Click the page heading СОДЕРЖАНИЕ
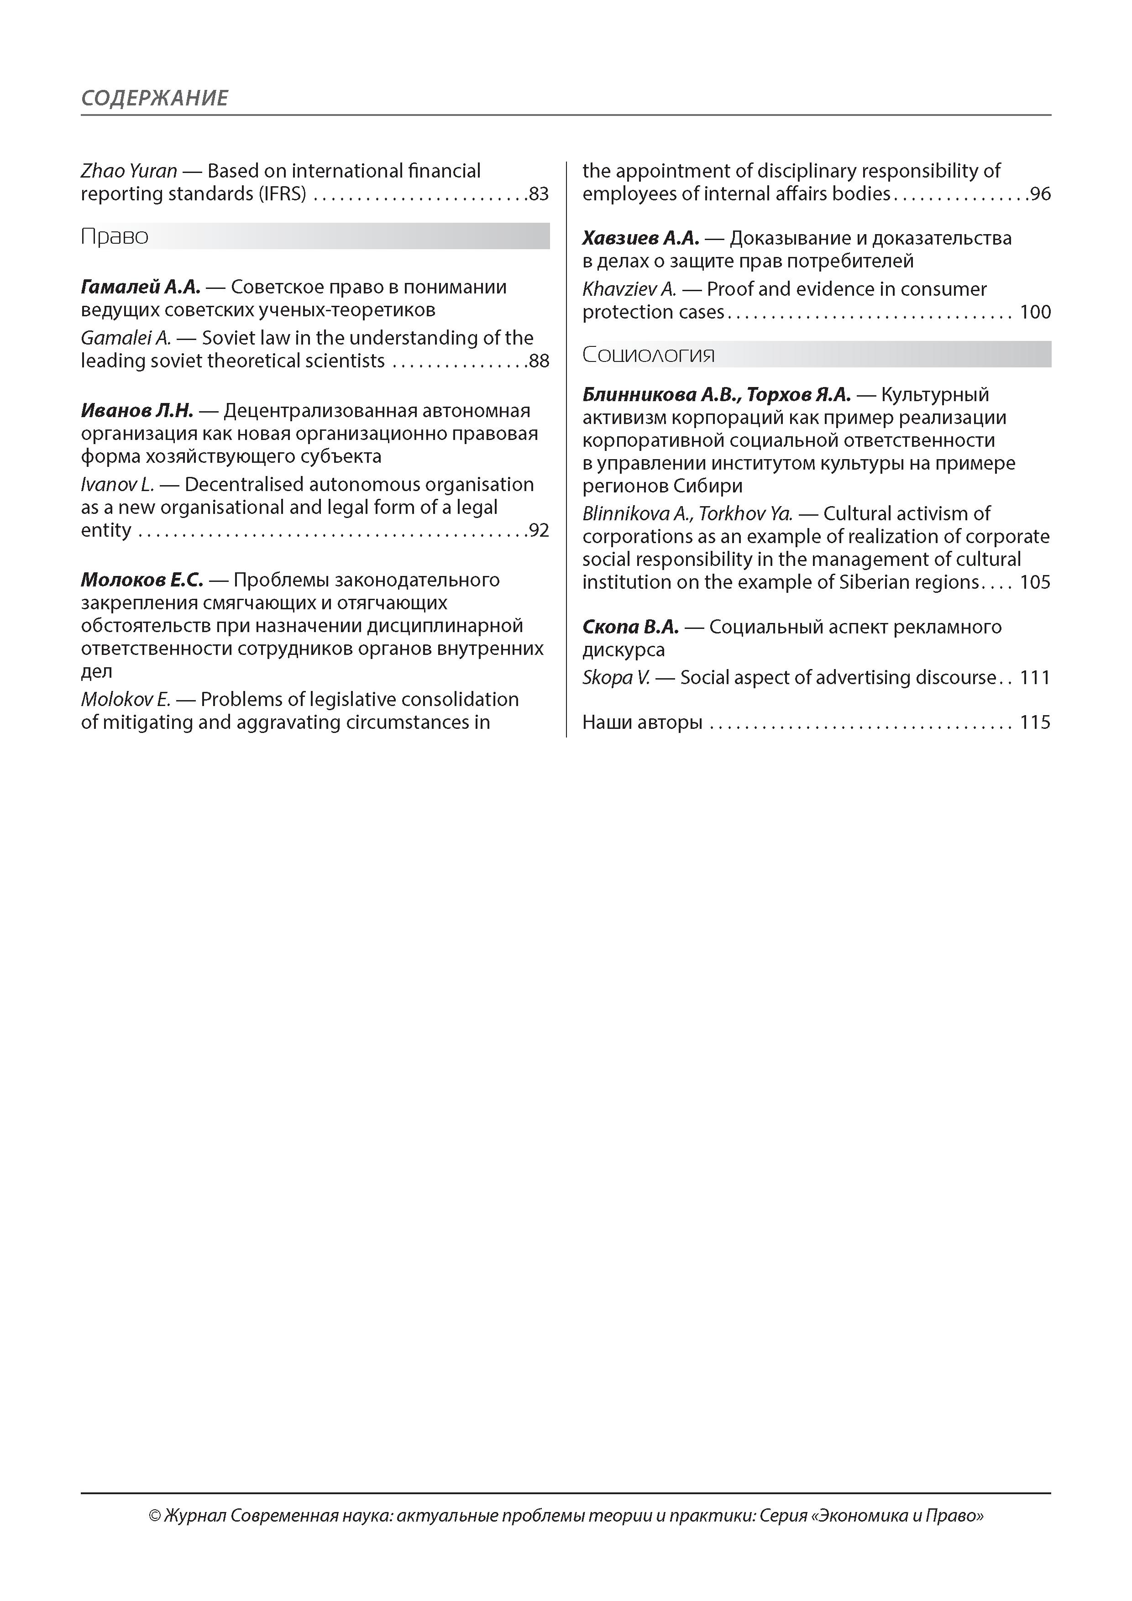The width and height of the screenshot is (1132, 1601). pyautogui.click(x=154, y=98)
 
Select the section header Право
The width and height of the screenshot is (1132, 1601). pyautogui.click(x=115, y=236)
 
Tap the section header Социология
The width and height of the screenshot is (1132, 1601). pyautogui.click(x=649, y=355)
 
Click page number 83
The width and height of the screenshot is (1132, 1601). pyautogui.click(x=539, y=194)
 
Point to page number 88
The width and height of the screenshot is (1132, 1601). pyautogui.click(x=539, y=361)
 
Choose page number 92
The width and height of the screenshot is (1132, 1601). pyautogui.click(x=539, y=531)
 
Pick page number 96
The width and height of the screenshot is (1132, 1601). pyautogui.click(x=1040, y=194)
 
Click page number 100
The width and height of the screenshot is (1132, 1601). pyautogui.click(x=1035, y=312)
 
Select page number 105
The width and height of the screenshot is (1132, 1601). pyautogui.click(x=1035, y=582)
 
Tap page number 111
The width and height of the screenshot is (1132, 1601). pyautogui.click(x=1035, y=678)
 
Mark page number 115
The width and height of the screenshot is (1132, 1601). pyautogui.click(x=1035, y=722)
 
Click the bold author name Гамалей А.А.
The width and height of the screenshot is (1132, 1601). pyautogui.click(x=140, y=287)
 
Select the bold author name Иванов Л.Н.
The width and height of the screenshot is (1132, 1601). pyautogui.click(x=136, y=411)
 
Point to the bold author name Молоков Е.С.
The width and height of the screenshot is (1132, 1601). pyautogui.click(x=141, y=580)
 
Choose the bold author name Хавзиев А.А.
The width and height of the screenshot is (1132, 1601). pyautogui.click(x=640, y=239)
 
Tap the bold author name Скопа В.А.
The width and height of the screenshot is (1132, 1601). pyautogui.click(x=630, y=627)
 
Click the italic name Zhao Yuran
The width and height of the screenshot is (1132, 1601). pyautogui.click(x=128, y=171)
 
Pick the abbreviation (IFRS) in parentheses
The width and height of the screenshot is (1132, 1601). pyautogui.click(x=282, y=194)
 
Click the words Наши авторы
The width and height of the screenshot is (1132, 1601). pyautogui.click(x=642, y=722)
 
